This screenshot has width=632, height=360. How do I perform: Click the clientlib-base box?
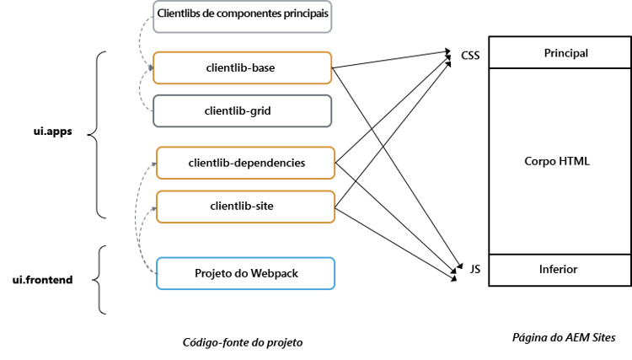[x=244, y=68]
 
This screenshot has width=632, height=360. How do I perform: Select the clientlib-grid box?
[x=244, y=110]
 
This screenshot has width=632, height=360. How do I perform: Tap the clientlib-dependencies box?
[x=246, y=163]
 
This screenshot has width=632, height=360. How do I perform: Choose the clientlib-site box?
[x=246, y=207]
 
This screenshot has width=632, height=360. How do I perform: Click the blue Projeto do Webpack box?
[x=246, y=273]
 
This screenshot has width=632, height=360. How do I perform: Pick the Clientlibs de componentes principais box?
[x=244, y=17]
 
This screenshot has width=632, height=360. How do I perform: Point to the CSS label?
[x=469, y=56]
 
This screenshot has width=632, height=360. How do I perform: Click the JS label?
[x=474, y=269]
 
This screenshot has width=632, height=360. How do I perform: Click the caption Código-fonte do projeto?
[x=242, y=342]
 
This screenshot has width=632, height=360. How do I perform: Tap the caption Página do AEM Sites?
[x=564, y=337]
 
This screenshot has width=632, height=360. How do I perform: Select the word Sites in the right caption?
[x=603, y=337]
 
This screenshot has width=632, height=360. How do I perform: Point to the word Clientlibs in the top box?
[x=180, y=17]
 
